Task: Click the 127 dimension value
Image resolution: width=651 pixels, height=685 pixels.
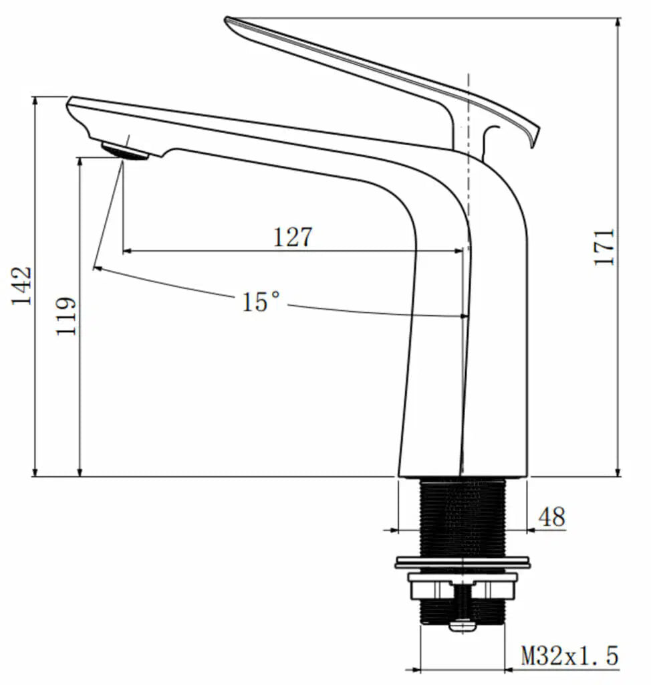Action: [x=293, y=237]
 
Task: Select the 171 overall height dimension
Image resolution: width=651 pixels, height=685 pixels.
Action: [x=605, y=247]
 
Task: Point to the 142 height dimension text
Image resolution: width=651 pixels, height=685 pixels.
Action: [x=21, y=286]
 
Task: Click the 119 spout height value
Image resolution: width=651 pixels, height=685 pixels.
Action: [x=67, y=316]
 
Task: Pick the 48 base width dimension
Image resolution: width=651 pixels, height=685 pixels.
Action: [x=551, y=517]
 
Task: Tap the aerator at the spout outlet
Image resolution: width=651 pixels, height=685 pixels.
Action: [x=124, y=152]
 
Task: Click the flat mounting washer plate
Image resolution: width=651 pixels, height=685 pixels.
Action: [x=463, y=563]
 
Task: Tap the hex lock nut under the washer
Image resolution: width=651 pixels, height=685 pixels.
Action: [x=463, y=589]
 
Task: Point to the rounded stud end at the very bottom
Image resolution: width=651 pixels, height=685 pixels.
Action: [x=463, y=627]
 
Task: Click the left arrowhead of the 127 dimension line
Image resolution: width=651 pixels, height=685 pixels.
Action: [x=127, y=252]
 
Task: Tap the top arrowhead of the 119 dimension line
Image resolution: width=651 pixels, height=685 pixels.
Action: [x=80, y=162]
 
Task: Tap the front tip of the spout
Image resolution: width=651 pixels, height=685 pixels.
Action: [x=69, y=102]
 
